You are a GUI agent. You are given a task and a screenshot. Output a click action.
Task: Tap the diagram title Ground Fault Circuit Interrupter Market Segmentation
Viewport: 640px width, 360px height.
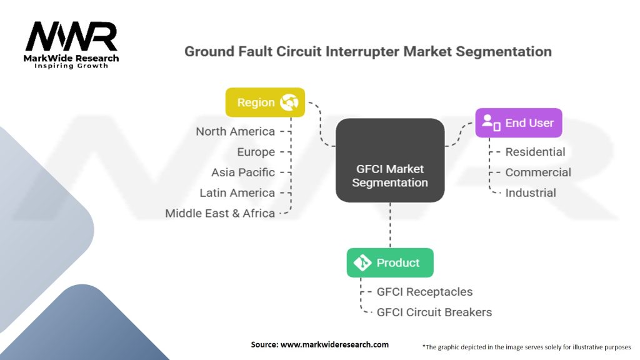click(x=367, y=51)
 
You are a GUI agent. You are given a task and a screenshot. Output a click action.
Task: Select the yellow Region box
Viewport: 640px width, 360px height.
click(x=265, y=102)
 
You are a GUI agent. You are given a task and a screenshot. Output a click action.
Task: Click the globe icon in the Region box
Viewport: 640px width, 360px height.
click(x=289, y=102)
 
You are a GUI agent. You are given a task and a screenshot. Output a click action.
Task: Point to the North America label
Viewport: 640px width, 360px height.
click(x=235, y=131)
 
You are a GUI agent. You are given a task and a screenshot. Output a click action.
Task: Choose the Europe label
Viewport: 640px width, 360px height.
click(x=256, y=152)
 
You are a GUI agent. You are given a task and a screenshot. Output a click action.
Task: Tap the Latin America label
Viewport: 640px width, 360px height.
click(x=237, y=192)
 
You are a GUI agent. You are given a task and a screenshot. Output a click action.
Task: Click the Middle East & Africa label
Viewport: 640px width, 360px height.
click(x=220, y=213)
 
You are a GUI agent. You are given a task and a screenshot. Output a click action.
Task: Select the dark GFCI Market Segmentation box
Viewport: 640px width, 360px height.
click(x=390, y=160)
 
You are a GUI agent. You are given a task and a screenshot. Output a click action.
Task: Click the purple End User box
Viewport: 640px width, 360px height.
click(x=518, y=123)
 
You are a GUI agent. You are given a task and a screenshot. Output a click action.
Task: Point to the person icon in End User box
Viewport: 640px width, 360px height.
click(x=491, y=123)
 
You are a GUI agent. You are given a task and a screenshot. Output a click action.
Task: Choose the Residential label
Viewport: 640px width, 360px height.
click(x=535, y=152)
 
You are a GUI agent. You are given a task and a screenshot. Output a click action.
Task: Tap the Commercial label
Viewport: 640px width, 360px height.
click(x=538, y=172)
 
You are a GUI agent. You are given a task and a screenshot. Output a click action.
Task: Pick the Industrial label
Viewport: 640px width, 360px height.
click(x=531, y=192)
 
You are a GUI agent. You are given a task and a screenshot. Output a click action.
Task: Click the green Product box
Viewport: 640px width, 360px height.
click(x=390, y=262)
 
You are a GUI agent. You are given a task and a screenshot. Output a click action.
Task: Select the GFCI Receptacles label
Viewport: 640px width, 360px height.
click(x=424, y=292)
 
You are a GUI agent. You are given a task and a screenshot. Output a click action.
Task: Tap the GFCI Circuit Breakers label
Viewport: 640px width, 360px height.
click(x=434, y=312)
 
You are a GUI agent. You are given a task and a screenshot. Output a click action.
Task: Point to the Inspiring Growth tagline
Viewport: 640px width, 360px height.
click(x=71, y=66)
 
